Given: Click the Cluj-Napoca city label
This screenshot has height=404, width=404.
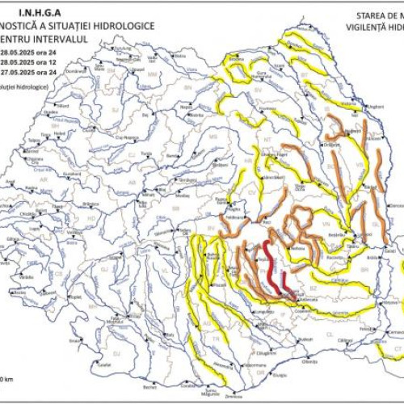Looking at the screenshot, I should [125, 137].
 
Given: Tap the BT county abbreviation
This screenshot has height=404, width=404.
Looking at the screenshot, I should [305, 74].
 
